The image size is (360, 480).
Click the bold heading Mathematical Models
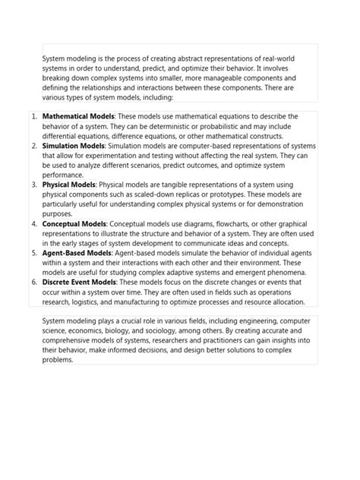pyautogui.click(x=78, y=116)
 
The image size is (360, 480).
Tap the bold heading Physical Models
pyautogui.click(x=69, y=185)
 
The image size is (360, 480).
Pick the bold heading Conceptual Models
pyautogui.click(x=74, y=224)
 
